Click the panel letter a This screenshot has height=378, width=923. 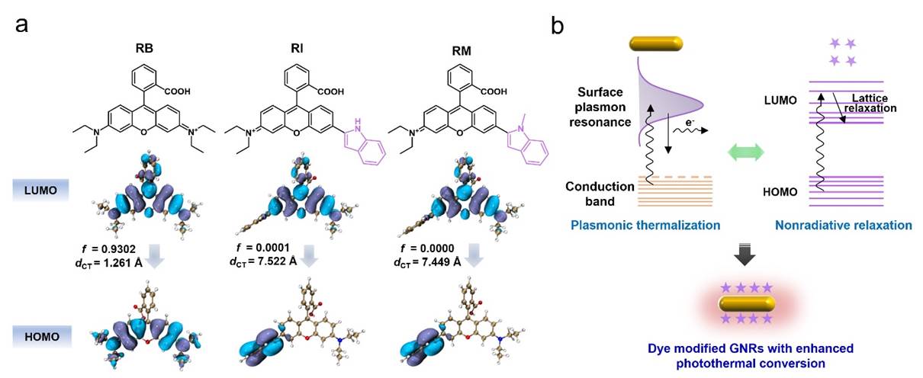click(23, 24)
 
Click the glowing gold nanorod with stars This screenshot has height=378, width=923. click(747, 303)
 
